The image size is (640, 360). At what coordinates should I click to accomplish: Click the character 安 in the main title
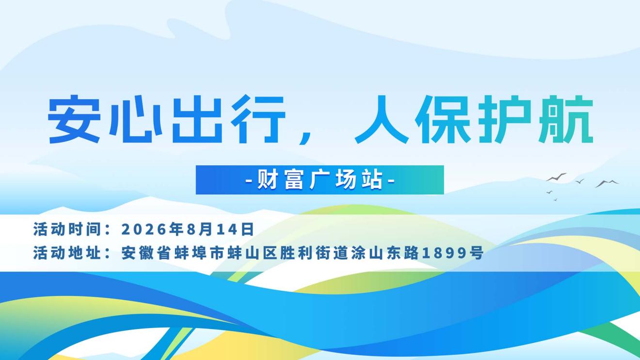74,119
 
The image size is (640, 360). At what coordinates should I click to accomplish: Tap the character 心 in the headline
135,120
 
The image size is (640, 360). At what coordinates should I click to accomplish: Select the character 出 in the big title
197,119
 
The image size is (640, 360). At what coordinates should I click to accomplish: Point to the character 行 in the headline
258,119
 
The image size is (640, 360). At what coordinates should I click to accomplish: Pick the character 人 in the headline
382,119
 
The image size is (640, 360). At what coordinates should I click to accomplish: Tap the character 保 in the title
443,119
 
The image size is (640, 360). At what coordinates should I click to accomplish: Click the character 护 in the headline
505,119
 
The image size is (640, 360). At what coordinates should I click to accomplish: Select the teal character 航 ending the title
566,119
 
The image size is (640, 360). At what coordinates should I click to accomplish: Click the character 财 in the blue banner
268,180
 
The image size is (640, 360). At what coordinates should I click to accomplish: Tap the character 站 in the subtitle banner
372,180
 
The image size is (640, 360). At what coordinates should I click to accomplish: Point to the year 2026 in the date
144,229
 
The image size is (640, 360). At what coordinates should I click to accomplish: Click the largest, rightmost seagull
607,183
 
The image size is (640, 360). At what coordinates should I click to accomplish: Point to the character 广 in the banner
320,180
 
